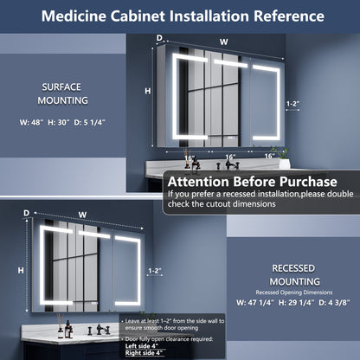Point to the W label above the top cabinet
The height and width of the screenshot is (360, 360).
click(x=224, y=41)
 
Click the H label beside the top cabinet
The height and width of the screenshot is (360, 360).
click(x=148, y=91)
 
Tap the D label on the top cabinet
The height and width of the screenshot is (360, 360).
click(x=159, y=37)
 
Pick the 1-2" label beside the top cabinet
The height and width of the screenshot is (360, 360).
click(x=294, y=104)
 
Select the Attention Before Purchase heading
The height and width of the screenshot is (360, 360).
click(x=252, y=183)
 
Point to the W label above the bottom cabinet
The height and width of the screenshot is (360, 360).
click(x=82, y=215)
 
